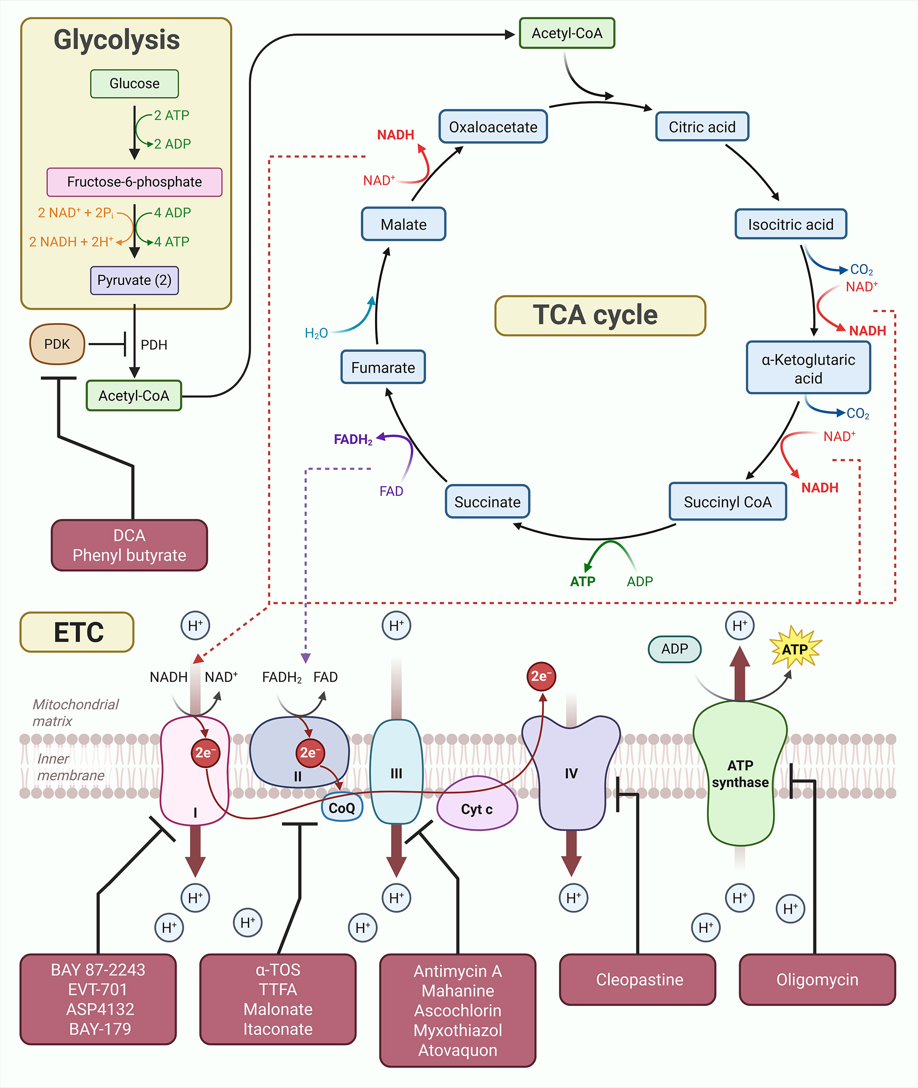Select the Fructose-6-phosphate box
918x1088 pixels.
point(134,182)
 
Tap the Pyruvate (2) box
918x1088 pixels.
point(134,280)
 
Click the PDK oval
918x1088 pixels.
point(57,344)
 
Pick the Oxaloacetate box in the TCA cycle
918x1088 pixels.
point(493,127)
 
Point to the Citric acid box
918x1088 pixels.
point(701,127)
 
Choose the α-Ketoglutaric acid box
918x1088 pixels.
point(808,368)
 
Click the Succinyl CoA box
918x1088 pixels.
point(727,502)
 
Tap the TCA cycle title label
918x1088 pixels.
point(599,315)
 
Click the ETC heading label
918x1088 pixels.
point(77,632)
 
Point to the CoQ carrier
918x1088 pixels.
point(342,808)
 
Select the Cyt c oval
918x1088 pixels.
point(477,808)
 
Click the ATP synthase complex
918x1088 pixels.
point(739,774)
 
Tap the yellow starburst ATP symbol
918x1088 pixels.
point(795,649)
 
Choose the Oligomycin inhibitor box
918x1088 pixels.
point(817,980)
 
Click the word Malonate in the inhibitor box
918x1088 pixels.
point(278,1009)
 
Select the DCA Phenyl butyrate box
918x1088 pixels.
point(129,545)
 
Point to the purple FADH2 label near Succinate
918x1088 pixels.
point(353,440)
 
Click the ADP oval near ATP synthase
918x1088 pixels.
point(674,649)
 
